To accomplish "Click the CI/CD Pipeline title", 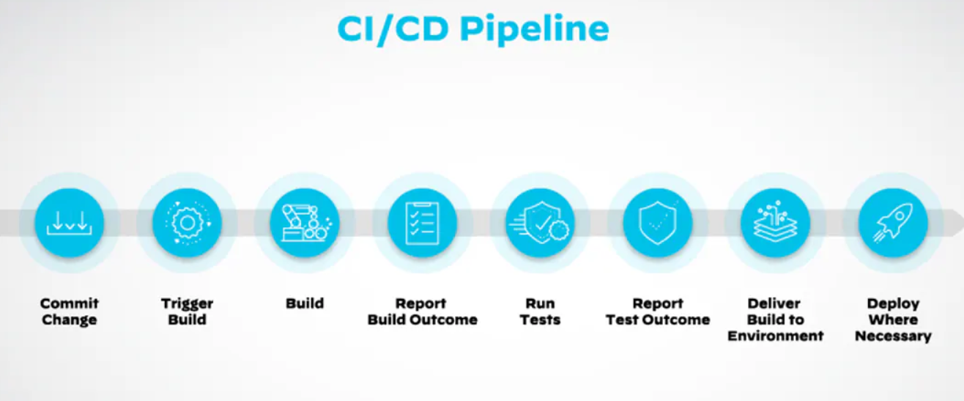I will pos(472,29).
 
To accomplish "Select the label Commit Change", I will pos(69,312).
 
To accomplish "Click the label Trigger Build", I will pos(187,312).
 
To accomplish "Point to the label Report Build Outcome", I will pos(422,312).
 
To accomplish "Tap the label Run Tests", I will pos(540,312).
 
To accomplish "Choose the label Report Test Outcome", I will pos(658,312).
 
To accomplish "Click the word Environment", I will pos(775,336).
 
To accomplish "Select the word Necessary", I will pos(893,336).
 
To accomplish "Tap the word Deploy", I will pos(893,303).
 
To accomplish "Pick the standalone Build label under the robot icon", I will pos(305,303).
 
